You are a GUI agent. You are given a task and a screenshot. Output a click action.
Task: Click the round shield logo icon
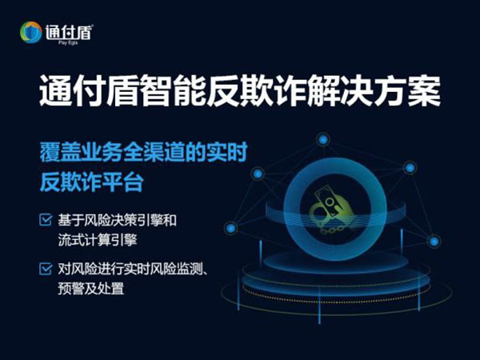click(31, 32)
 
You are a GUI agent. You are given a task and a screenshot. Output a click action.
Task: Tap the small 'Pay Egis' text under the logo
click(68, 43)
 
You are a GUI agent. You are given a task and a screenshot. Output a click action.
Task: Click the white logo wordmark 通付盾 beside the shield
click(69, 32)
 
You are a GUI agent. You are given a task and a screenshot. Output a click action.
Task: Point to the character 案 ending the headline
click(424, 90)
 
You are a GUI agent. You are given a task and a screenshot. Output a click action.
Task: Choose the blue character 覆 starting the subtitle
click(50, 152)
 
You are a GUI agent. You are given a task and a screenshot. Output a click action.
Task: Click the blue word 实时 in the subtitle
click(227, 152)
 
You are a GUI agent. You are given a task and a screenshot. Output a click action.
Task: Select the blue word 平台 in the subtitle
click(122, 182)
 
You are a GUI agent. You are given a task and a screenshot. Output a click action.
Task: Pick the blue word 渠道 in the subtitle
click(164, 152)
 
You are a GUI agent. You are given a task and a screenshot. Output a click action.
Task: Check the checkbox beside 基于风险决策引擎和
click(46, 219)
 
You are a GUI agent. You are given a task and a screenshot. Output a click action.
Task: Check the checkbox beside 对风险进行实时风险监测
click(46, 269)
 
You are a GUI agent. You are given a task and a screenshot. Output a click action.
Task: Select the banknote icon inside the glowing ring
click(327, 202)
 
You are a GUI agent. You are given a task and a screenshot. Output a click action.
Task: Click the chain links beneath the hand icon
click(331, 231)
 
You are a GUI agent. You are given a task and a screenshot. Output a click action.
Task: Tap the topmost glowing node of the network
click(323, 140)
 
